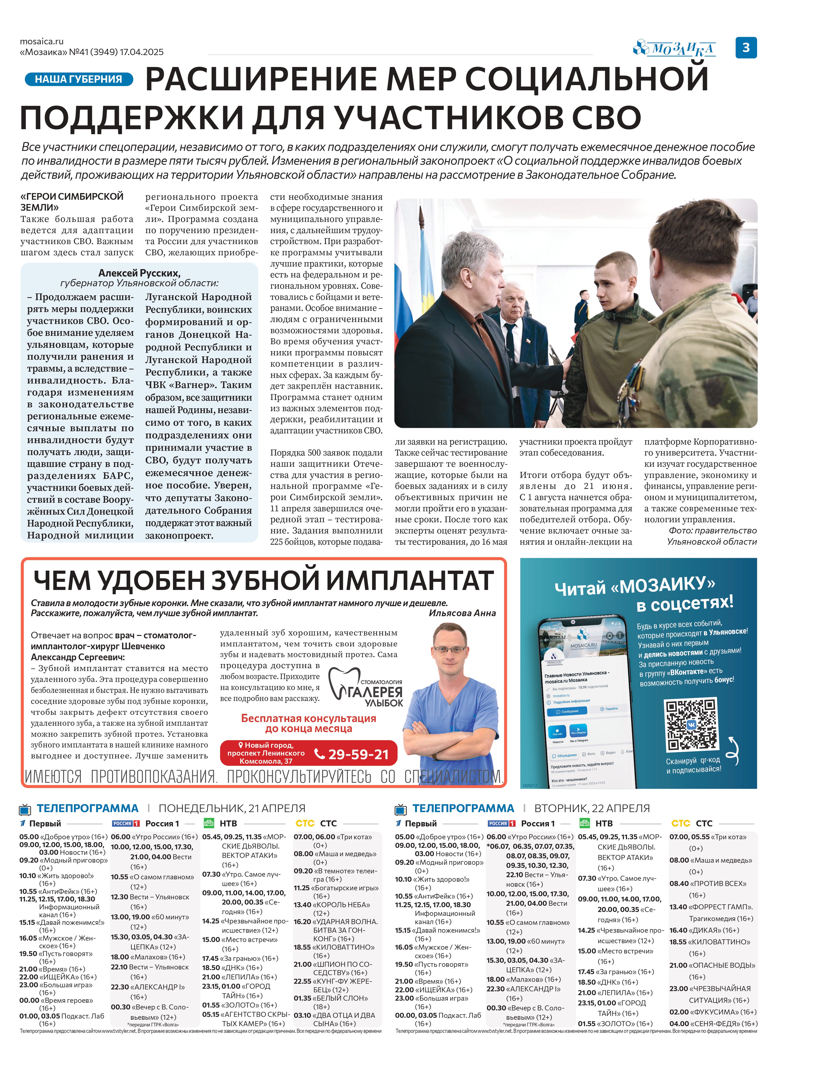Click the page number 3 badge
746,47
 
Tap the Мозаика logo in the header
675,48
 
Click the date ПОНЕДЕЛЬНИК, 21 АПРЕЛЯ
232,809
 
